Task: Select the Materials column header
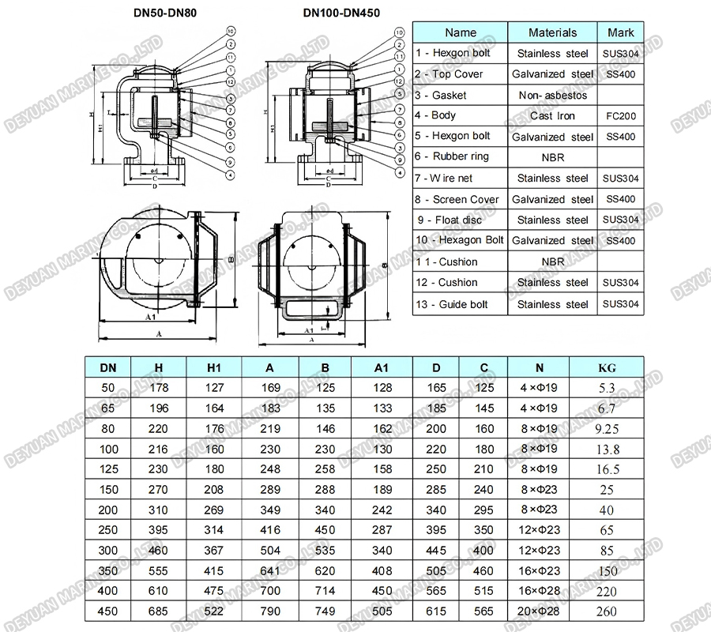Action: (x=552, y=32)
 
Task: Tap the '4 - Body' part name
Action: (x=436, y=115)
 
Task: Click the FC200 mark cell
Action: (x=620, y=116)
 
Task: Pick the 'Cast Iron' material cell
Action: (x=552, y=116)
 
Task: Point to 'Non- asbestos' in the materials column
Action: (x=552, y=95)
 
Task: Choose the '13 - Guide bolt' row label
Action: (x=452, y=304)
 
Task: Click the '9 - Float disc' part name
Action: (x=449, y=220)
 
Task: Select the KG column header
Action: (x=608, y=367)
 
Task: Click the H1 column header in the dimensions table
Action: (x=214, y=367)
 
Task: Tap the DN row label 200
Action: (x=107, y=510)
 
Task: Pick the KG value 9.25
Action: (x=608, y=428)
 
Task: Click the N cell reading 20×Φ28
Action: (x=540, y=611)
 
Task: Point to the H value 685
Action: (x=158, y=611)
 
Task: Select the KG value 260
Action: (x=608, y=611)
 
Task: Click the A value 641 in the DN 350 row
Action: (x=270, y=570)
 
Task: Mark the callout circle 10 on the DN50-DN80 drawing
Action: (x=231, y=32)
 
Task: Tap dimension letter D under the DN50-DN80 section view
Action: (x=155, y=186)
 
